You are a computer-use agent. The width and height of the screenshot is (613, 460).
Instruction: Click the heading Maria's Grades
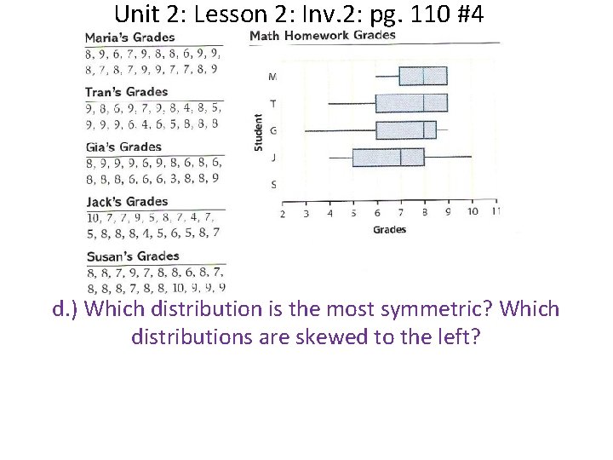[x=129, y=37]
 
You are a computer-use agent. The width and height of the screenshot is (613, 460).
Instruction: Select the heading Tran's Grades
[x=126, y=92]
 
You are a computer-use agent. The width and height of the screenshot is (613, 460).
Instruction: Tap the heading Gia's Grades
[x=123, y=147]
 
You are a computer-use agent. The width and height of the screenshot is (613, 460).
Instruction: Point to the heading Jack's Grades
[x=127, y=202]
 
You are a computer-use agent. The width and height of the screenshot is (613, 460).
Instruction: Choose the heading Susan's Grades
[x=132, y=256]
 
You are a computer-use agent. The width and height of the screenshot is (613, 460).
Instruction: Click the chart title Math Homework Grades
[x=322, y=35]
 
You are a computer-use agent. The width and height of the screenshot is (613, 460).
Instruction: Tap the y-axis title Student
[x=259, y=134]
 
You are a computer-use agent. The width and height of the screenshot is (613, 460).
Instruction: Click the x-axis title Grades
[x=389, y=229]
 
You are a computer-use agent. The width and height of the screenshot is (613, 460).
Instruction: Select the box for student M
[x=423, y=76]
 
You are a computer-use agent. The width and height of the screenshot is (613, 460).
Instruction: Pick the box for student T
[x=411, y=103]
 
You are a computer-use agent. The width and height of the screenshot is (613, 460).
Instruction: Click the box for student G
[x=406, y=130]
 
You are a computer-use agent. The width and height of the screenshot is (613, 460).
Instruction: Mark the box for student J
[x=388, y=158]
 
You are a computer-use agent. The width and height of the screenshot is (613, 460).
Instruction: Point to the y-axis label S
[x=272, y=184]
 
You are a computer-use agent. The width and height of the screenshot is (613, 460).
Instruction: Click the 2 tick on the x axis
[x=283, y=212]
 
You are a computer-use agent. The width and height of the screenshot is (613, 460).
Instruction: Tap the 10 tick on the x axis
[x=473, y=211]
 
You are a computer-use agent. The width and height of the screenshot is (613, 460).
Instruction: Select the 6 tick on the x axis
[x=377, y=212]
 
